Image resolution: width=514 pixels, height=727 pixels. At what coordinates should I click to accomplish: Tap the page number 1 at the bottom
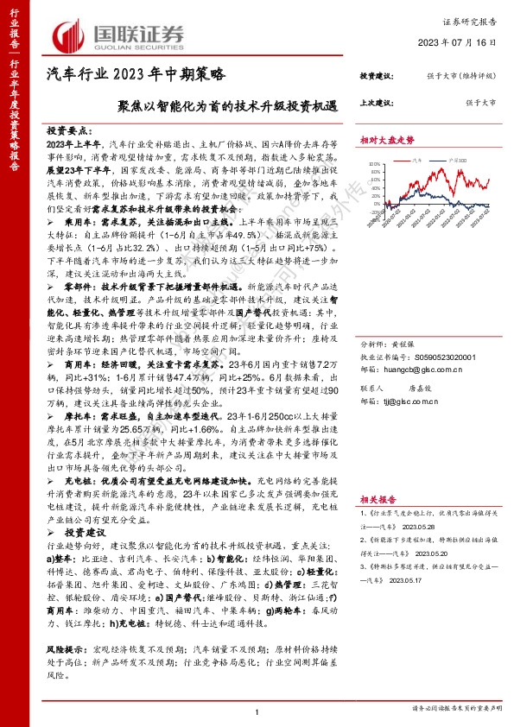tap(257, 711)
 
